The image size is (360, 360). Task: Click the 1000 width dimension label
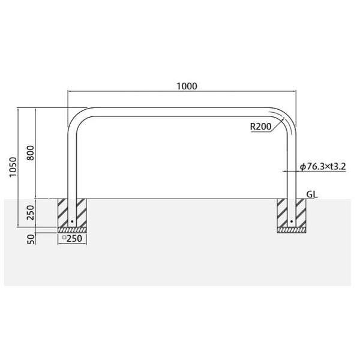click(187, 86)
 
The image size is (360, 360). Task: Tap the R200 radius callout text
click(260, 127)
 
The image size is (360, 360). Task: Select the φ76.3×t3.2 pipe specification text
click(323, 167)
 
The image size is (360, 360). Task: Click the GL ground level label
click(312, 194)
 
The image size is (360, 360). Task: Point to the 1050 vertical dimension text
click(13, 167)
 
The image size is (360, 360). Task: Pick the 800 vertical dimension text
click(31, 153)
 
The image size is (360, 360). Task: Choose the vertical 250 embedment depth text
click(31, 212)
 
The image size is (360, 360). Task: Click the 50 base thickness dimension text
click(31, 239)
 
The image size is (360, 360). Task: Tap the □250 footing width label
click(72, 239)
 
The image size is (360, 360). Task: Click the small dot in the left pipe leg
click(72, 221)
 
